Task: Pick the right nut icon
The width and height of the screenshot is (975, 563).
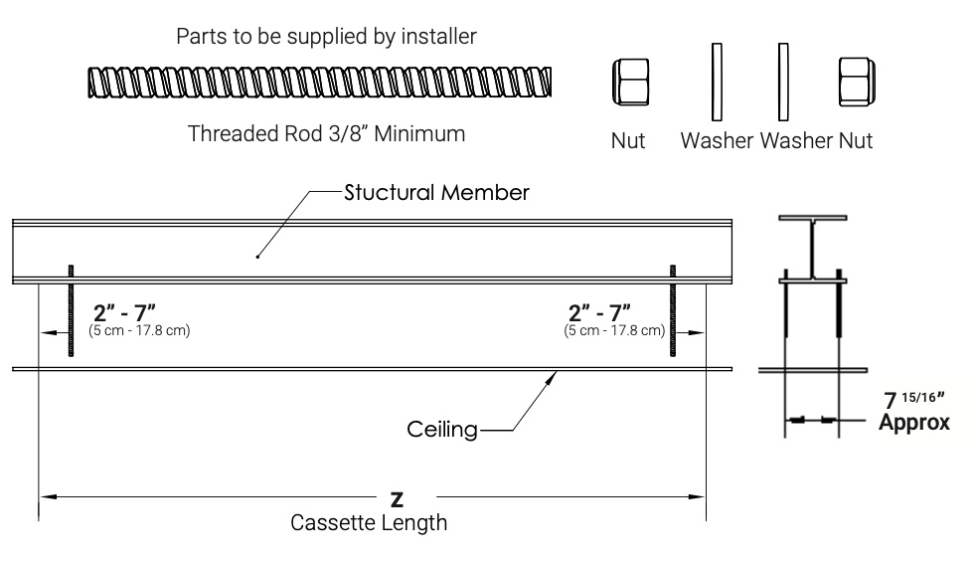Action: [x=856, y=83]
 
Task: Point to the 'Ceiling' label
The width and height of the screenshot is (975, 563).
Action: [x=441, y=431]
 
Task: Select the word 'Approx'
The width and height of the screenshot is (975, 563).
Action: [x=914, y=422]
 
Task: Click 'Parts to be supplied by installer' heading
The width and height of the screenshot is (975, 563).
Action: [x=325, y=37]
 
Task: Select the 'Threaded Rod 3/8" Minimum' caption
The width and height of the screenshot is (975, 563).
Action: [x=327, y=133]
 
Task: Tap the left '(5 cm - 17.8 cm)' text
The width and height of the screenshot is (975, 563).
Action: [x=139, y=330]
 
